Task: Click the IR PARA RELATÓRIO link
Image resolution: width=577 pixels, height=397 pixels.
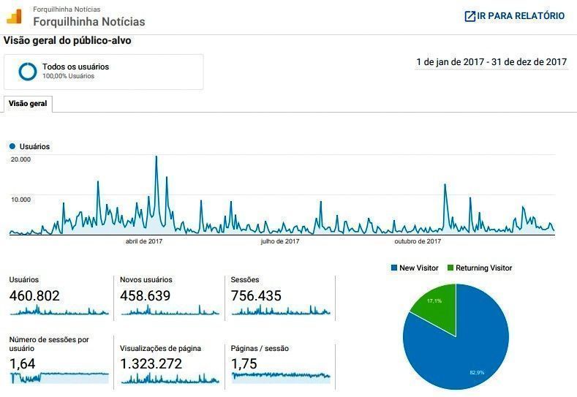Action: [515, 16]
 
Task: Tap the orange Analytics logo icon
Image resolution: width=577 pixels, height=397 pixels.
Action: [14, 15]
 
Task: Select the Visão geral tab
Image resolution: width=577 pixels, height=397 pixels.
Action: [28, 104]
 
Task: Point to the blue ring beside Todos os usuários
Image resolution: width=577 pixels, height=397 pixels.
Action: [28, 71]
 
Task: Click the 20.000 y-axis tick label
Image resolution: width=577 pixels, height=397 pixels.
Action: [20, 159]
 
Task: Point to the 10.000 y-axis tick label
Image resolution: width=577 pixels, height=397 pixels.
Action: [20, 199]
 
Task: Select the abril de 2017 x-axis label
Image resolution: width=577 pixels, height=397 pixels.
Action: [144, 241]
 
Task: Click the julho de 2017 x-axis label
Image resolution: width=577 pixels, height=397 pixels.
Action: [279, 241]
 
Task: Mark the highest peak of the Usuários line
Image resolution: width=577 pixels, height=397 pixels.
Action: [156, 157]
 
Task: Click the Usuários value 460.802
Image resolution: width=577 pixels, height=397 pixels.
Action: [34, 296]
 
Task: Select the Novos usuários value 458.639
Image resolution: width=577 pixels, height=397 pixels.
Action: [145, 296]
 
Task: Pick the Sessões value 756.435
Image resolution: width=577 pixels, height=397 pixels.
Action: [256, 296]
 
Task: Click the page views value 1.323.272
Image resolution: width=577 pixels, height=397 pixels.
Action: [151, 363]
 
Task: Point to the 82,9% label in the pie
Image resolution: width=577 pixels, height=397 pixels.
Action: [477, 373]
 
